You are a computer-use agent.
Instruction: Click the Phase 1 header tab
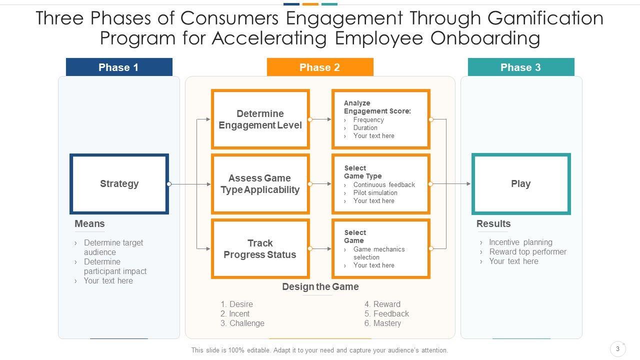click(119, 67)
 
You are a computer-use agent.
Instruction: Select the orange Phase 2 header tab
click(320, 67)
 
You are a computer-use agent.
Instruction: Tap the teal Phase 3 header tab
click(520, 67)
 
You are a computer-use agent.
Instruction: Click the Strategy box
click(119, 184)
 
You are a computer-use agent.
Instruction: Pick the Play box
click(520, 184)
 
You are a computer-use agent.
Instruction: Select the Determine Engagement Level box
click(260, 119)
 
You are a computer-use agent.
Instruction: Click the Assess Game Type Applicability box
click(260, 184)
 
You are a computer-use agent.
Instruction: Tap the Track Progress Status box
click(260, 249)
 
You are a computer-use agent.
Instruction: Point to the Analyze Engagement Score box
click(380, 119)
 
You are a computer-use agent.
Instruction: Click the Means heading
click(89, 224)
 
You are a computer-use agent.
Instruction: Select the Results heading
click(493, 224)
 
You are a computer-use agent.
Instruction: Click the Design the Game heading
click(320, 287)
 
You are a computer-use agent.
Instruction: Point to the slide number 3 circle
click(618, 349)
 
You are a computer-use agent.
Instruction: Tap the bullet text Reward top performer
click(527, 252)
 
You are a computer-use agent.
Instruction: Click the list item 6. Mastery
click(382, 323)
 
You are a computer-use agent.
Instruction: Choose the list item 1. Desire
click(236, 304)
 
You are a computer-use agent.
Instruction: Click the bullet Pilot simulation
click(375, 193)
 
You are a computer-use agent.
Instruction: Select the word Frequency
click(368, 120)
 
